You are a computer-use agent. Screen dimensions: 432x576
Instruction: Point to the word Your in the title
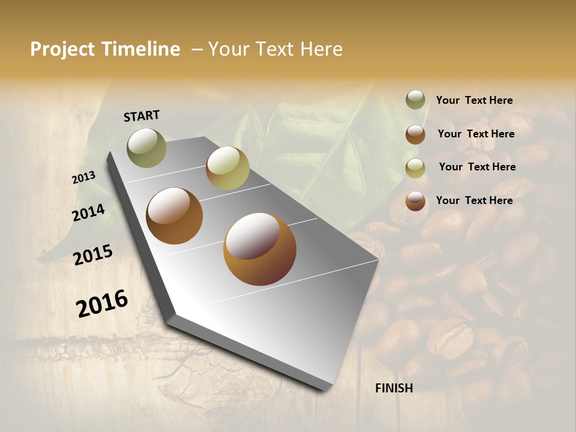(228, 49)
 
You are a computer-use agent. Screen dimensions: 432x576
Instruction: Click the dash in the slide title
(197, 49)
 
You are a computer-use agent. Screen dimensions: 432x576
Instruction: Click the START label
(142, 116)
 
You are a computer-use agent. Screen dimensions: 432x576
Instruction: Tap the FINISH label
(394, 388)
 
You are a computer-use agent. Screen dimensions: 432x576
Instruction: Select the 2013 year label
(83, 177)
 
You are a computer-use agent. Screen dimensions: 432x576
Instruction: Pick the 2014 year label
(88, 212)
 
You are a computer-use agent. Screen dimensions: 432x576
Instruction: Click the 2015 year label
(92, 255)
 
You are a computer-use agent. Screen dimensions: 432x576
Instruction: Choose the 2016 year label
(102, 304)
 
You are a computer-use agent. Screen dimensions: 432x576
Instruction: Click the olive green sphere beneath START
(146, 148)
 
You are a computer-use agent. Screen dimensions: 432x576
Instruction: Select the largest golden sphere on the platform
(259, 249)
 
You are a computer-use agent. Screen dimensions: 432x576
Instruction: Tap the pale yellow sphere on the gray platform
(227, 168)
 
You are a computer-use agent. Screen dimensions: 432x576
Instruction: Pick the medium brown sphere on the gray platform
(174, 216)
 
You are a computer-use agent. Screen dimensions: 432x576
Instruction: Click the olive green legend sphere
(415, 100)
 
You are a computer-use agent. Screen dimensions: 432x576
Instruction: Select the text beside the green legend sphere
(474, 100)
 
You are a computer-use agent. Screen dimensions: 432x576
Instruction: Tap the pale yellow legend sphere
(415, 168)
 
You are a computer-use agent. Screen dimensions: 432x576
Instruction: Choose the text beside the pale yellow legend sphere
(477, 167)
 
